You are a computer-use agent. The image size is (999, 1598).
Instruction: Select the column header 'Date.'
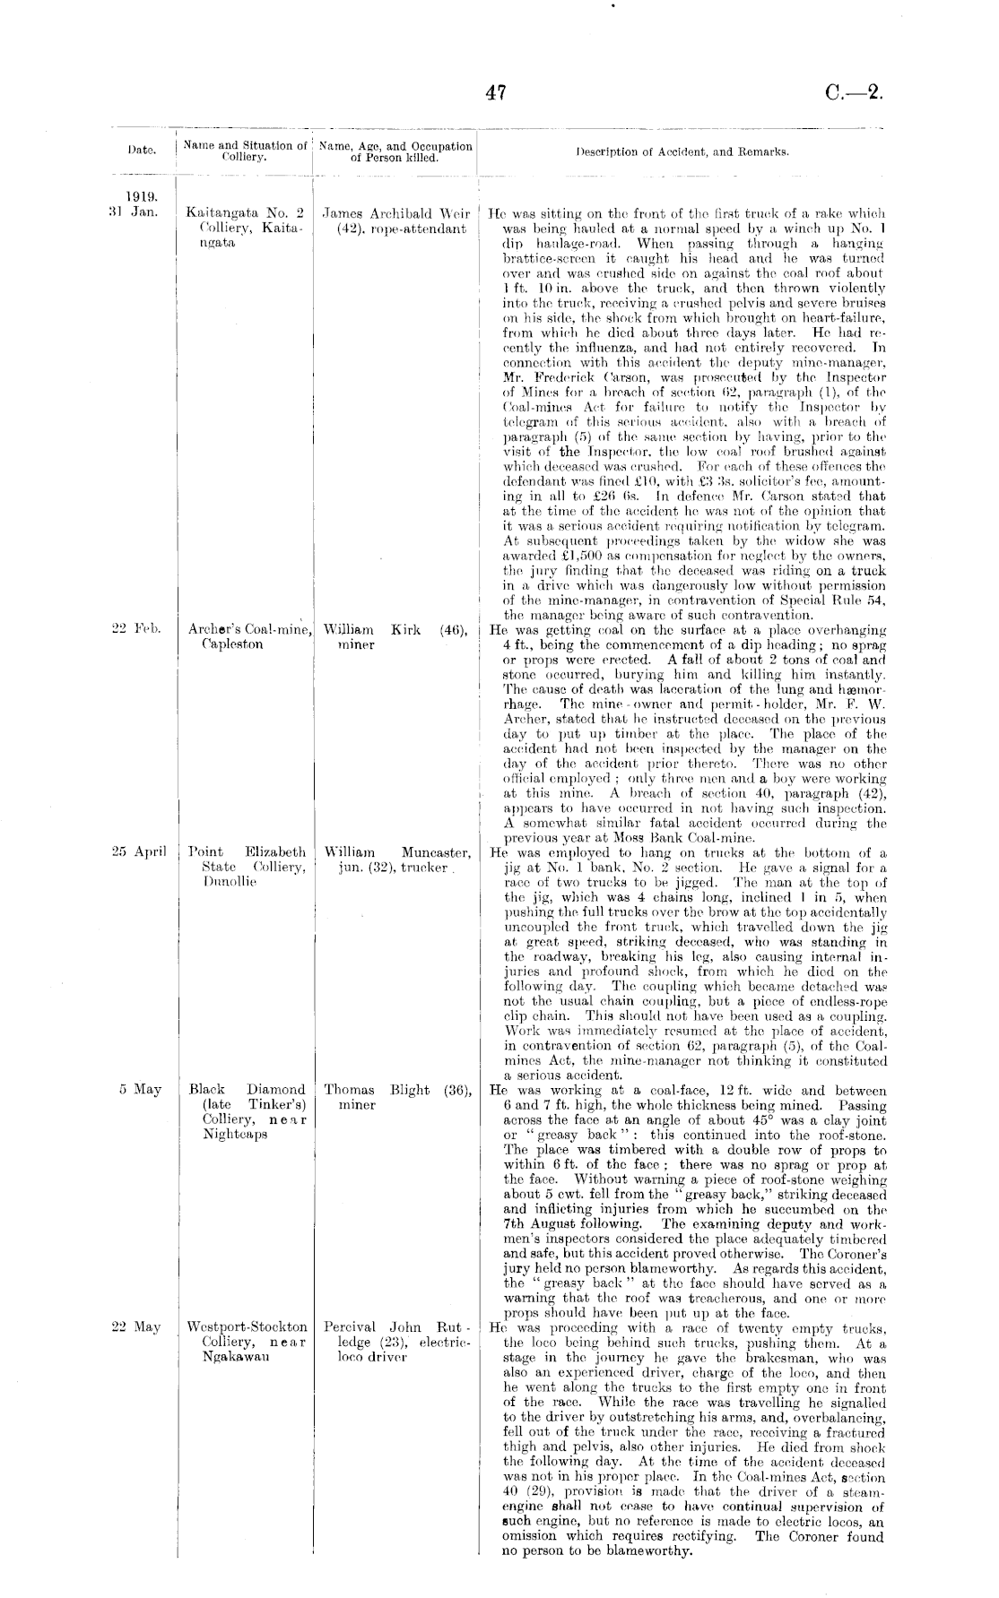pos(142,151)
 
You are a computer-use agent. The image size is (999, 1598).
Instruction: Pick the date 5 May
pos(140,1090)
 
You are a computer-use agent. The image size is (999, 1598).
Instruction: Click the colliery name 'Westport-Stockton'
pos(247,1327)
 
